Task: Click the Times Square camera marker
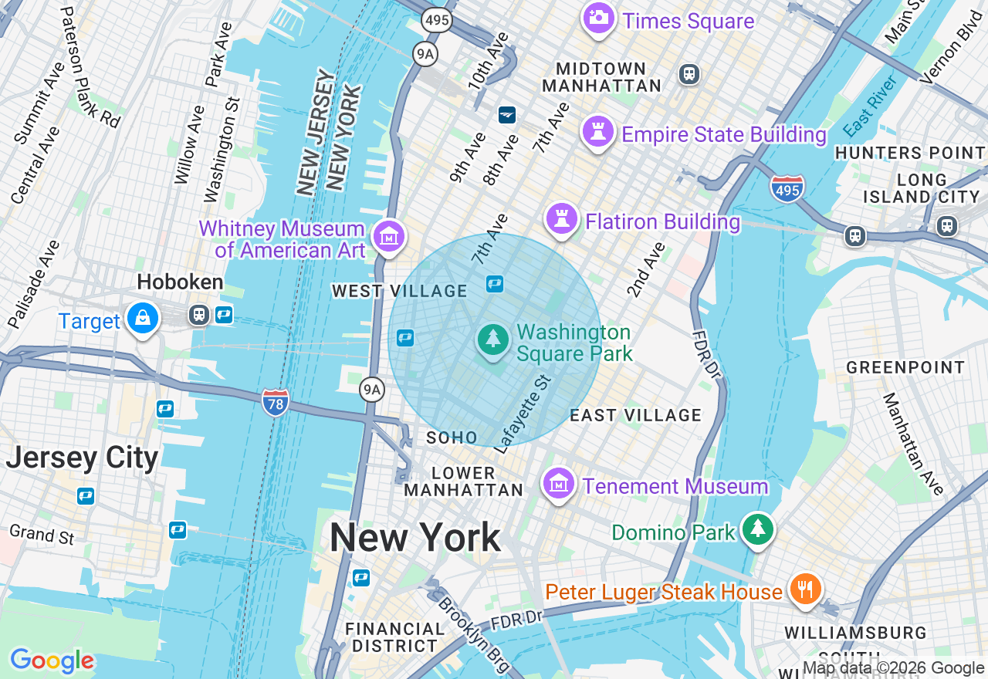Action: [x=598, y=18]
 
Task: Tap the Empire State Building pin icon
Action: [x=598, y=132]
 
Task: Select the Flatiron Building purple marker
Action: [x=562, y=219]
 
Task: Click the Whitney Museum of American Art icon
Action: [x=388, y=236]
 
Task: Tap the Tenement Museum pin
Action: [x=559, y=484]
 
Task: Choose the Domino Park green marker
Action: [x=758, y=529]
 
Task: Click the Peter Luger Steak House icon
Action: [x=805, y=589]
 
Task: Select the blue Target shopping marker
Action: [x=143, y=318]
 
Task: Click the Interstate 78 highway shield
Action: [x=275, y=402]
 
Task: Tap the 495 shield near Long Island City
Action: [x=787, y=188]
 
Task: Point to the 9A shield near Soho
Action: [x=372, y=390]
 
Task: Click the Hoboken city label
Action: [x=180, y=282]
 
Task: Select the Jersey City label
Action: [x=82, y=458]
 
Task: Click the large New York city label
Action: [x=415, y=538]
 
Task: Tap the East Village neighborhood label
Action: [x=635, y=415]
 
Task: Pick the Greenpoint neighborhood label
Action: [x=905, y=367]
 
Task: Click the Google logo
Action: [x=52, y=660]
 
